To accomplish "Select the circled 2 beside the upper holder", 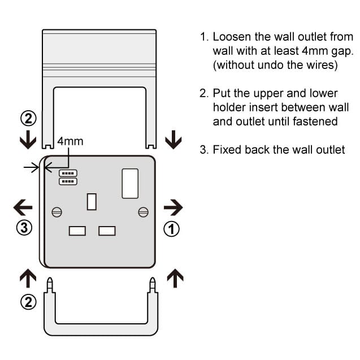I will [x=28, y=120].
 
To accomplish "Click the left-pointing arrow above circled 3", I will [x=23, y=208].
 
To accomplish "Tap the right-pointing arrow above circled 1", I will [x=173, y=208].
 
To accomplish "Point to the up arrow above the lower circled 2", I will [x=28, y=278].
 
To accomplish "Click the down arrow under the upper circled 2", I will [x=28, y=140].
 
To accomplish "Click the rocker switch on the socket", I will [x=130, y=183].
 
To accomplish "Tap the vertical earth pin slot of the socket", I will [x=92, y=202].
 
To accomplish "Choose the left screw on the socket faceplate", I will [x=57, y=212].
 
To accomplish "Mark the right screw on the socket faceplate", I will [x=143, y=212].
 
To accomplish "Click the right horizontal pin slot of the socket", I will [x=107, y=231].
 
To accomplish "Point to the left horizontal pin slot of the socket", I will [x=77, y=231].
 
